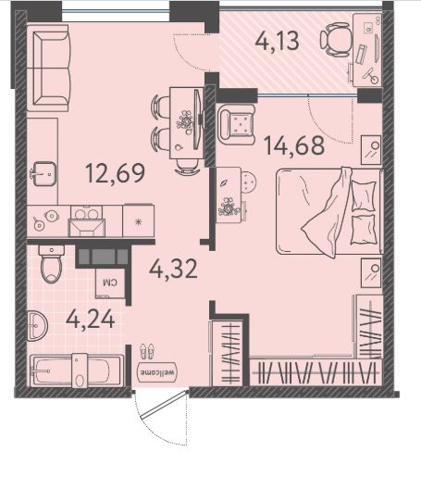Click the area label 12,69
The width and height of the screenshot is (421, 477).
[116, 173]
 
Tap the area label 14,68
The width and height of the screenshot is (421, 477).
[294, 145]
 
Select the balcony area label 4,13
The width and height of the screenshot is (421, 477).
[277, 42]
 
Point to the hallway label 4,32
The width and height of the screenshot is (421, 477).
[173, 269]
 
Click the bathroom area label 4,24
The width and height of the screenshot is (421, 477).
[91, 320]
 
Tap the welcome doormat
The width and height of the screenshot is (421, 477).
[157, 372]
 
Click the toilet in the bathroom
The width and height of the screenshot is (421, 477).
[52, 264]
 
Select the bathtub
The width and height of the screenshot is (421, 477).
[77, 370]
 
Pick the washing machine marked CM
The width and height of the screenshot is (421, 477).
[110, 282]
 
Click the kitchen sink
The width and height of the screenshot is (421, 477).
[44, 174]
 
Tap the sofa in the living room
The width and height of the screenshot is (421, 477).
[48, 69]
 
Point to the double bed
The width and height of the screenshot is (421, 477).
[329, 212]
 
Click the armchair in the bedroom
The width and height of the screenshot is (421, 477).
[236, 124]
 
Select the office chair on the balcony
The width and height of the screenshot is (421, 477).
[336, 40]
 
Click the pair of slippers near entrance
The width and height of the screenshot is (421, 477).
[146, 352]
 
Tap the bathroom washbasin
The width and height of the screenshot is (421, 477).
[37, 326]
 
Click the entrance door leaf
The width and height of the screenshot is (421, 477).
[164, 405]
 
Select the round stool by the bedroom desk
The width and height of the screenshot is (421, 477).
[249, 182]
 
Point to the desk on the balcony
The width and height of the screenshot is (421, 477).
[367, 50]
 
